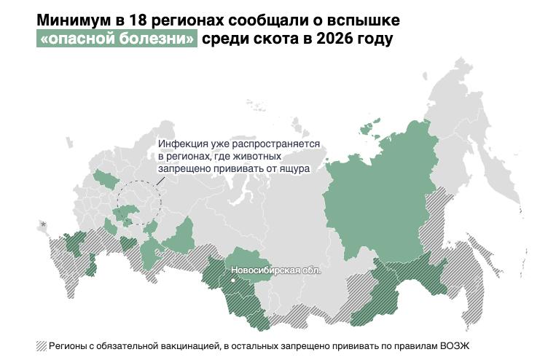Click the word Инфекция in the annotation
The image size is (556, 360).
pyautogui.click(x=183, y=144)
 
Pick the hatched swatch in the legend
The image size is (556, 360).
pyautogui.click(x=41, y=345)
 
